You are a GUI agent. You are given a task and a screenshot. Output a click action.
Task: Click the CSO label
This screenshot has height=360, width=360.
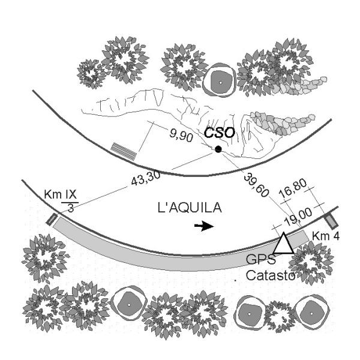(x=218, y=133)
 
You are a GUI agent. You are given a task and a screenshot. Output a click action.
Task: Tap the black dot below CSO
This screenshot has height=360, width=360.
(x=219, y=149)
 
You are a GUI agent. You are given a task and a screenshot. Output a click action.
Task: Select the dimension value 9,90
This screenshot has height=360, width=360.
(x=181, y=137)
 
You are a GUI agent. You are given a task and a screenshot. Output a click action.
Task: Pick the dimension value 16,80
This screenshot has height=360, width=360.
(x=295, y=195)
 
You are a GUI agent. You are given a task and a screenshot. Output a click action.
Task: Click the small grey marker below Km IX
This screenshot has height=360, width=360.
(x=50, y=219)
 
